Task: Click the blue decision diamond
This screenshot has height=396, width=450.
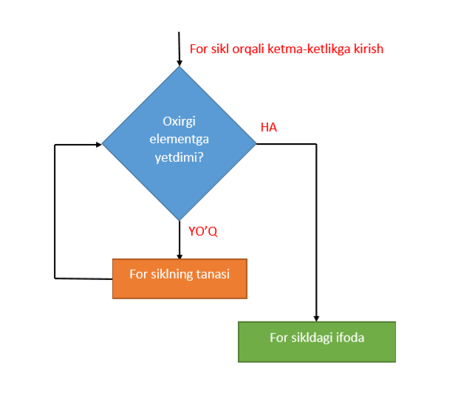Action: point(179,143)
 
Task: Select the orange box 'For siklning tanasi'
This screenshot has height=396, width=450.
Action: point(180,278)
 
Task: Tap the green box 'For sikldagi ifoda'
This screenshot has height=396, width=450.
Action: point(316,341)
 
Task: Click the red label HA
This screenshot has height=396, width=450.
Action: point(268,128)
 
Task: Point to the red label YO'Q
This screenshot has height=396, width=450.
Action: point(203,232)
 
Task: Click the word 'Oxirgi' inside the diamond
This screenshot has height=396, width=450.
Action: point(179,122)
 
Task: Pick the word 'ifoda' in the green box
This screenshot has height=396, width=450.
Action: point(350,338)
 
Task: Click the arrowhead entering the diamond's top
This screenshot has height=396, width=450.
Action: point(179,61)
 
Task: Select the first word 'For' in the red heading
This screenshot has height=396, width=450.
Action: point(200,49)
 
